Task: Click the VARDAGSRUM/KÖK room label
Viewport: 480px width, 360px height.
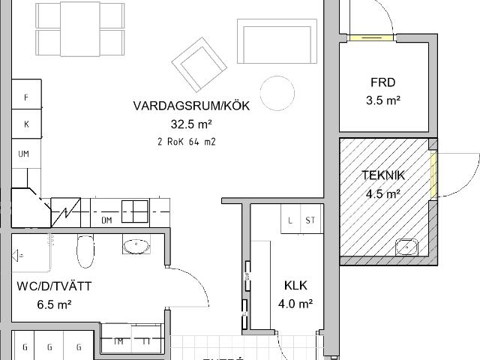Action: [191, 106]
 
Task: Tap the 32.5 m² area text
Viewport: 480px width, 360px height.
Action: [191, 124]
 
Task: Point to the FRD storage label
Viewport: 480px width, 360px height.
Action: [382, 83]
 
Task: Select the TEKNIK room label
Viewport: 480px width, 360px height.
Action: [383, 175]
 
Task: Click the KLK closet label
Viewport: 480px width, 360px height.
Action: [296, 286]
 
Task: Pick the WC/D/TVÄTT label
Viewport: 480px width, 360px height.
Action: [54, 286]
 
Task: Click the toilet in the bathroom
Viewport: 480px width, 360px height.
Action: [85, 251]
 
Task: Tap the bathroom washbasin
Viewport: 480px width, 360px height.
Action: [136, 245]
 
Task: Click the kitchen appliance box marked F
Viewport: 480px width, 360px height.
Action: [26, 97]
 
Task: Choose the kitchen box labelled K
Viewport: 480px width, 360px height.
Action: [26, 124]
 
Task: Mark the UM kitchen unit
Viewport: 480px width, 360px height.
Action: [24, 153]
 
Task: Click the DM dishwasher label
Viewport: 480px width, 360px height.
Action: [106, 220]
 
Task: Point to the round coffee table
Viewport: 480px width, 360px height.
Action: [277, 92]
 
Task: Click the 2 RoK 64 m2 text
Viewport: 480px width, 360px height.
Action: [187, 141]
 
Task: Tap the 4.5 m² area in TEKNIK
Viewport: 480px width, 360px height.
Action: [382, 193]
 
